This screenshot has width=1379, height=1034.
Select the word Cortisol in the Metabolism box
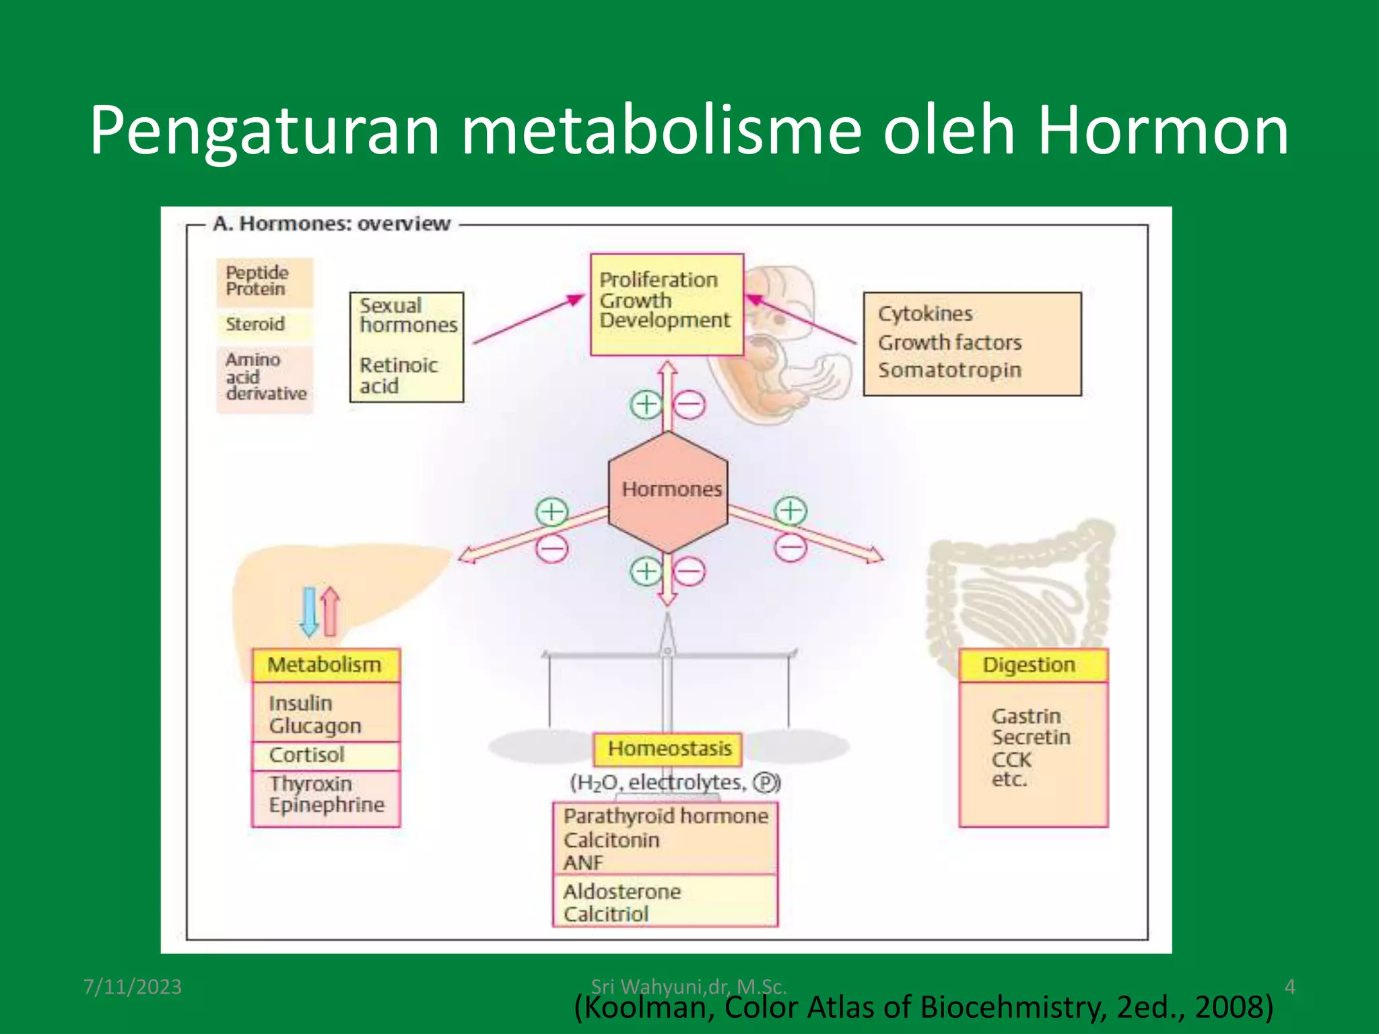(x=306, y=755)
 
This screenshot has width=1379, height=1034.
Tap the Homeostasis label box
(x=668, y=749)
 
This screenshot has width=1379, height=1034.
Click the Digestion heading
(x=1029, y=665)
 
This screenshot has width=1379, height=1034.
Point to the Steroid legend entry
(x=255, y=324)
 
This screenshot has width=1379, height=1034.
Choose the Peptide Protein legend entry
(x=257, y=281)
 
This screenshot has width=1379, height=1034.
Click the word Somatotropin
(x=949, y=370)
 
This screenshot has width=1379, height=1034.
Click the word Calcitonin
(x=611, y=840)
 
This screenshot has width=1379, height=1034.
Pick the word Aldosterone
(x=621, y=891)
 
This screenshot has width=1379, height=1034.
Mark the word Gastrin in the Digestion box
(x=1025, y=716)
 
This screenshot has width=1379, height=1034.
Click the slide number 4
(x=1289, y=987)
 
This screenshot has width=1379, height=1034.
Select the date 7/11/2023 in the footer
(x=132, y=987)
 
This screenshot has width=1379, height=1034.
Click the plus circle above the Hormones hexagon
(x=646, y=405)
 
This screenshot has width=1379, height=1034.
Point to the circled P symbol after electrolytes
(x=766, y=782)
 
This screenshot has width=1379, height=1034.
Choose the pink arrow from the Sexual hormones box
(x=529, y=318)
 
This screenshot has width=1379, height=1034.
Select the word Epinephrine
(x=327, y=804)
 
